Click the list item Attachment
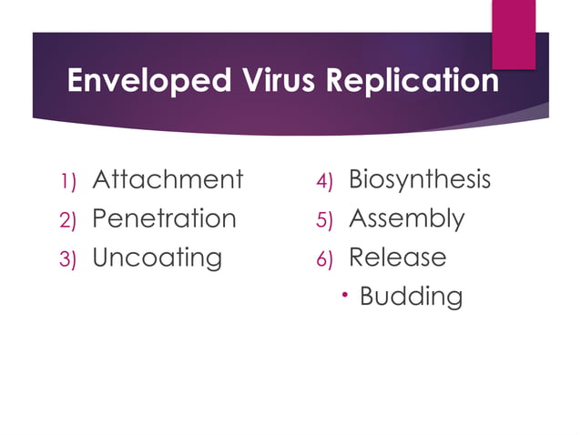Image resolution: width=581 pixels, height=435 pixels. (x=168, y=179)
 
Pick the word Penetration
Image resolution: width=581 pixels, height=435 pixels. (x=164, y=218)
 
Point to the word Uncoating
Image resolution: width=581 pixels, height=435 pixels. (x=157, y=258)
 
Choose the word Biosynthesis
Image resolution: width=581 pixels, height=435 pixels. (x=420, y=179)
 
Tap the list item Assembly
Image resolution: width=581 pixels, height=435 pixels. (x=406, y=218)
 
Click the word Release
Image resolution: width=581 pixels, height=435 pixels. (x=397, y=258)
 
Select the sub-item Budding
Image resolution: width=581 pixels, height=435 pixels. (x=411, y=297)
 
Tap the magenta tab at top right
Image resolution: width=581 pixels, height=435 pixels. (x=514, y=32)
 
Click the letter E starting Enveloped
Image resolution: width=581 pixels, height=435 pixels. (x=76, y=81)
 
